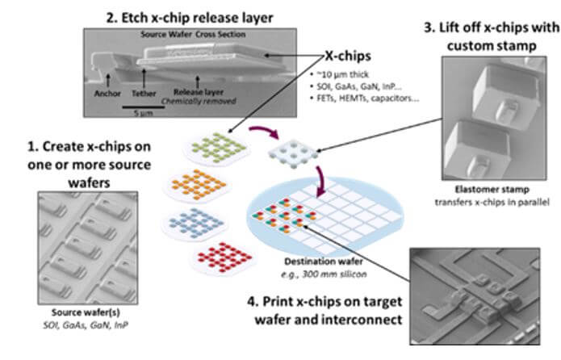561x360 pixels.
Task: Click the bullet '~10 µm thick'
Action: point(334,76)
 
